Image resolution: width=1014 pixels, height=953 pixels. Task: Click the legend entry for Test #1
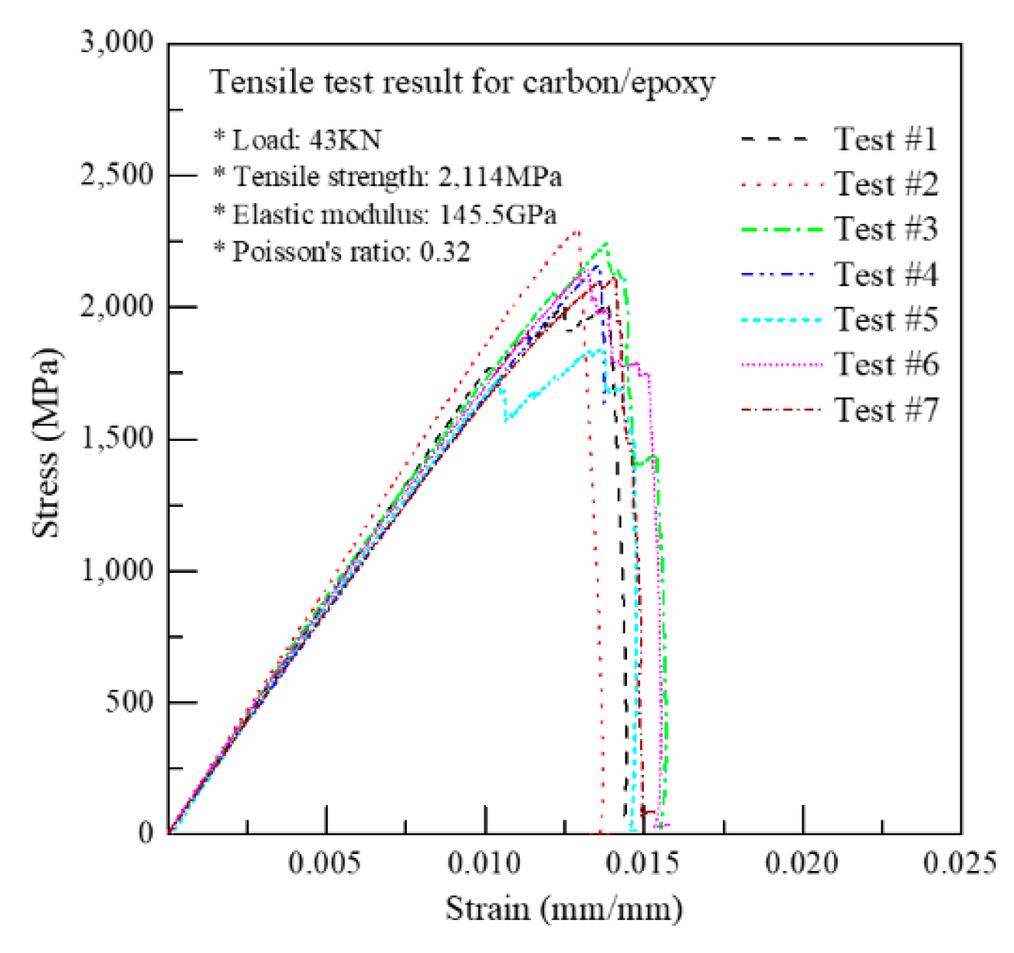tap(885, 140)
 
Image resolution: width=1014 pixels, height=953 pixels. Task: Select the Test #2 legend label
tap(885, 185)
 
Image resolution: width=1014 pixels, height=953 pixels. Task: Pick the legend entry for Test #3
tap(885, 229)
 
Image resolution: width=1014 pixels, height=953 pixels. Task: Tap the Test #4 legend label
tap(885, 274)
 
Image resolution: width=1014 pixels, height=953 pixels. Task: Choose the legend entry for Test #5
tap(885, 320)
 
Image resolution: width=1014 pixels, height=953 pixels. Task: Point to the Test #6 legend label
tap(885, 364)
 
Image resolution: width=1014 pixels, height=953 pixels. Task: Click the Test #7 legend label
tap(885, 410)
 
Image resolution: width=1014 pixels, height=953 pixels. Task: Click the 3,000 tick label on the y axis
tap(117, 42)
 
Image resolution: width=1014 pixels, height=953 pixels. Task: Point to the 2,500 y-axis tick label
tap(117, 175)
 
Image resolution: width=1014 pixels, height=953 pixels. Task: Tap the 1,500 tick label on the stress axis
tap(117, 439)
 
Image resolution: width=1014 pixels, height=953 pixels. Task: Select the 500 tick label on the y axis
tap(129, 702)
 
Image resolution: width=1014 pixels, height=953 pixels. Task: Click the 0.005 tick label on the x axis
tap(324, 863)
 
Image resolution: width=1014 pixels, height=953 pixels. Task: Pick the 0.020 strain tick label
tap(802, 863)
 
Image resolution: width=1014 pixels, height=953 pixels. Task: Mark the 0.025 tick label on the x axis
tap(960, 863)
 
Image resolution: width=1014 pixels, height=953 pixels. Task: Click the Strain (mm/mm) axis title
tap(564, 909)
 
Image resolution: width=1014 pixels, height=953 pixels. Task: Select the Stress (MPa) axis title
tap(46, 442)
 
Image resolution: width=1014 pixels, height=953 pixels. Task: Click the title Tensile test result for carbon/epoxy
tap(462, 82)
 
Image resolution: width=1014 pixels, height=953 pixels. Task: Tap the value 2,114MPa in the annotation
tap(500, 177)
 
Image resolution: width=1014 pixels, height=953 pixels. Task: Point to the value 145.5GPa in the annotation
tap(497, 215)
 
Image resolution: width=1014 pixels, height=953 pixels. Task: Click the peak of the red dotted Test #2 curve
tap(577, 230)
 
